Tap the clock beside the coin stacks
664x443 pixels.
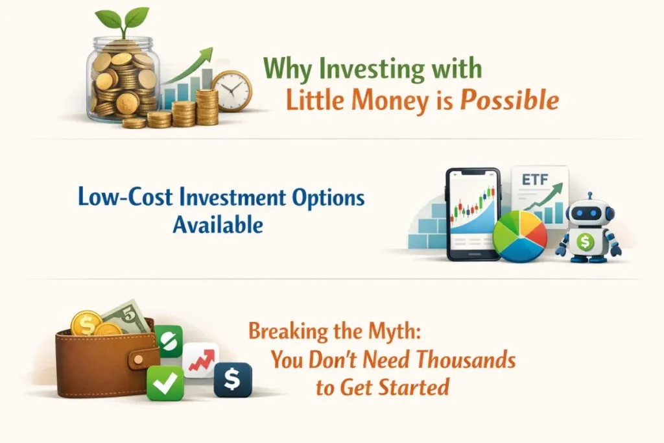231,91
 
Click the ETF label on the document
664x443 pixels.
535,180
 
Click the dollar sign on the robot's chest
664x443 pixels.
585,242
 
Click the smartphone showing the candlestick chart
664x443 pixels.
473,214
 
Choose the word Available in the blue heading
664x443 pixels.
218,224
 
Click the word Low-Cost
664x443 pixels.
125,197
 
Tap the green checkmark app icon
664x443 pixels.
165,383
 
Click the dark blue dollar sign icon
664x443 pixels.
233,379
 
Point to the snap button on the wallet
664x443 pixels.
139,360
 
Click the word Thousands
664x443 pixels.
466,360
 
